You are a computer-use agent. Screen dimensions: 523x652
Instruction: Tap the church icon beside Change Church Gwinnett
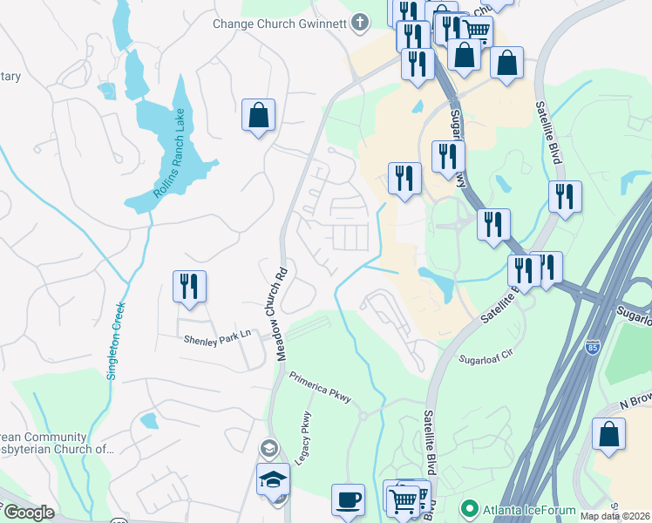(x=358, y=24)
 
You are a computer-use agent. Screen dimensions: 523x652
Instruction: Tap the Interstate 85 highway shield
(x=594, y=347)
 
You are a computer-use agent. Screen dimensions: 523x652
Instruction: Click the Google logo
(x=29, y=513)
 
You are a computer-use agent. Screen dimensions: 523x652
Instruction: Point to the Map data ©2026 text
(x=615, y=516)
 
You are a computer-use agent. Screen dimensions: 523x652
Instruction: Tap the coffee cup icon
(x=348, y=499)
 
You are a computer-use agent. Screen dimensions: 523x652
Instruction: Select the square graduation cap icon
(x=273, y=479)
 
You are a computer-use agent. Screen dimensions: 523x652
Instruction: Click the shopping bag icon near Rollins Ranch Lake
(x=259, y=115)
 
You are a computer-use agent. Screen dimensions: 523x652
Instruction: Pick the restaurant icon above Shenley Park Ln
(x=189, y=285)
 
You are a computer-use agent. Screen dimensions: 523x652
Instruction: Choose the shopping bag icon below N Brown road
(x=608, y=434)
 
